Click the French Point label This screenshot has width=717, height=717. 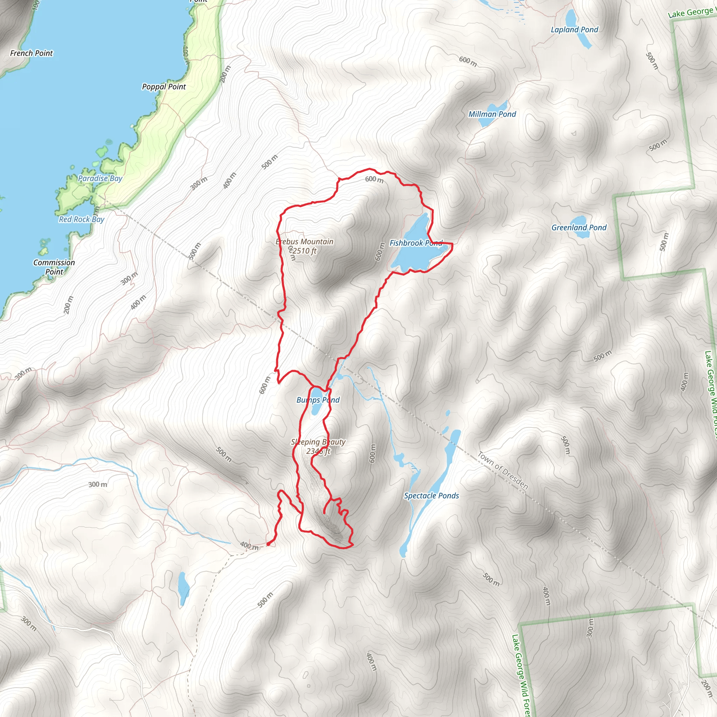32,53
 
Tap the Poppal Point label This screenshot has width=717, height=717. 163,86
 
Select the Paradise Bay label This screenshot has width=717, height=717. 100,178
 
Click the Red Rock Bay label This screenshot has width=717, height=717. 82,219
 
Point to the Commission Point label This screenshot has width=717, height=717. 54,267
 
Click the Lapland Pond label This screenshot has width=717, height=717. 574,30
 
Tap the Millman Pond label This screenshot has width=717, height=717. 492,114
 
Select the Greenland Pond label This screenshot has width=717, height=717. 579,228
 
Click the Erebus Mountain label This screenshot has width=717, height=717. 304,242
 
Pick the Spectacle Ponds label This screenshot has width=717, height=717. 431,495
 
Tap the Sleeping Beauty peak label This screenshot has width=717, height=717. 318,442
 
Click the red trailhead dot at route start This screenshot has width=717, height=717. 268,544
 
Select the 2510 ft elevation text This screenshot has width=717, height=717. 304,251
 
